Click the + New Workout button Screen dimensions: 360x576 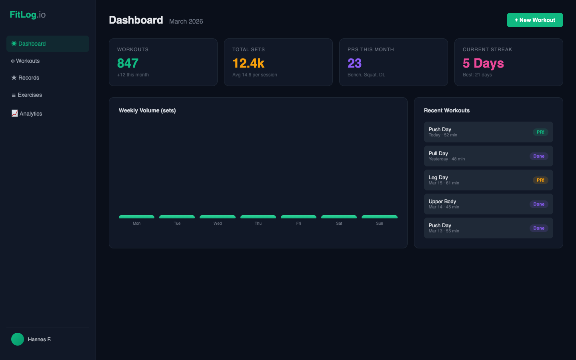tap(535, 20)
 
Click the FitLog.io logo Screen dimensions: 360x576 tap(28, 15)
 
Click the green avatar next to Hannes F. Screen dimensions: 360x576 tap(18, 339)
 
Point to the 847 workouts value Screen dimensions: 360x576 tap(128, 63)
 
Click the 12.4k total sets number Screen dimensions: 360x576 tap(248, 63)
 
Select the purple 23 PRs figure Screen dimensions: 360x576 tap(354, 63)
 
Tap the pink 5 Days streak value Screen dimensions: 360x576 tap(483, 63)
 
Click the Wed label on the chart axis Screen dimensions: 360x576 tap(218, 224)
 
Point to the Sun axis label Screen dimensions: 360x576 tap(380, 224)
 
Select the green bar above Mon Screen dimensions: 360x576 tap(136, 217)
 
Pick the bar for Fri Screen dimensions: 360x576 tap(298, 217)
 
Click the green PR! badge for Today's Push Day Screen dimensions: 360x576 tap(540, 132)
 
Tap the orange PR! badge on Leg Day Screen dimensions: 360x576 tap(540, 180)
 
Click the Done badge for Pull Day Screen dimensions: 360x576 tap(539, 156)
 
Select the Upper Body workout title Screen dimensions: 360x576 tap(442, 201)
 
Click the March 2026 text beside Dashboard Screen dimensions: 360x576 tap(186, 21)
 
